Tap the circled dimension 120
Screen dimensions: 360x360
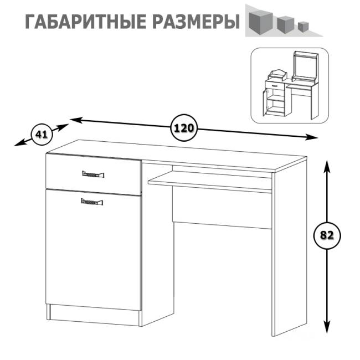click(184, 128)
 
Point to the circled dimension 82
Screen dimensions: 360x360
click(327, 235)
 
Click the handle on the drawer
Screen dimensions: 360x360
click(93, 175)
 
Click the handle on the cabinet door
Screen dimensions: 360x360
click(92, 202)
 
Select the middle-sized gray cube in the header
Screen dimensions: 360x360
click(285, 24)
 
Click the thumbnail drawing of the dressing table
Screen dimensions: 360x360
click(290, 85)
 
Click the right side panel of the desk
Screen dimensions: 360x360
click(289, 249)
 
